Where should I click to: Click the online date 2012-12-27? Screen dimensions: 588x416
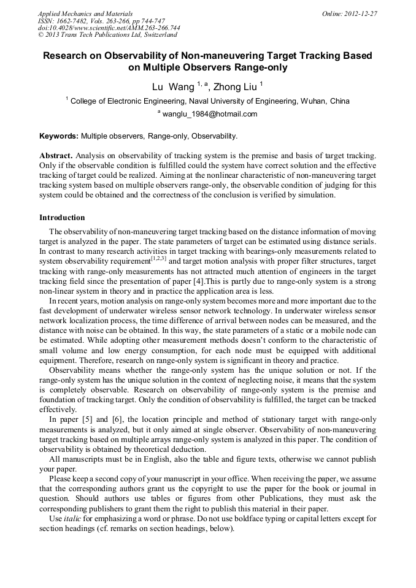pos(361,13)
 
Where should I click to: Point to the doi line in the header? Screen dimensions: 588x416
pos(109,28)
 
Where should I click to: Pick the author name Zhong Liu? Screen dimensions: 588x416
pos(235,87)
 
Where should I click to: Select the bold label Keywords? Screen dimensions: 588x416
pos(59,136)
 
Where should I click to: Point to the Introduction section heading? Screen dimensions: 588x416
pos(62,218)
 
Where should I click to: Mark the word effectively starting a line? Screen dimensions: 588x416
pos(58,410)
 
